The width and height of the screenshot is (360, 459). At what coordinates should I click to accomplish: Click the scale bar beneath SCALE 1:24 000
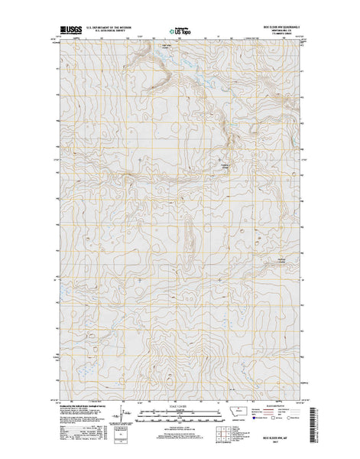pyautogui.click(x=180, y=413)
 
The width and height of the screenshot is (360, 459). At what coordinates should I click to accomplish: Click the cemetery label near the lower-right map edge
pyautogui.click(x=281, y=263)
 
